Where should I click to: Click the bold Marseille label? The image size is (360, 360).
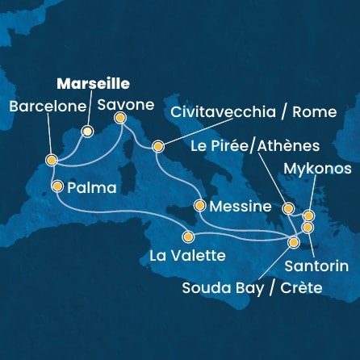pos(94,83)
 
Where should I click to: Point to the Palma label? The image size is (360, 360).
pos(94,188)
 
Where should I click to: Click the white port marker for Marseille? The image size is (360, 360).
pos(88,131)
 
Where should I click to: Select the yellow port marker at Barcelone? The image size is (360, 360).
pos(51,161)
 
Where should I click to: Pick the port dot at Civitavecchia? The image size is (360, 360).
pos(158,147)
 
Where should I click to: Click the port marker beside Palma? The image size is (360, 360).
pos(57,186)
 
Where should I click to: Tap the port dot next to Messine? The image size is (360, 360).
pos(199,205)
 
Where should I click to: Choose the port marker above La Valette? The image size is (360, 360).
pos(188,237)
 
